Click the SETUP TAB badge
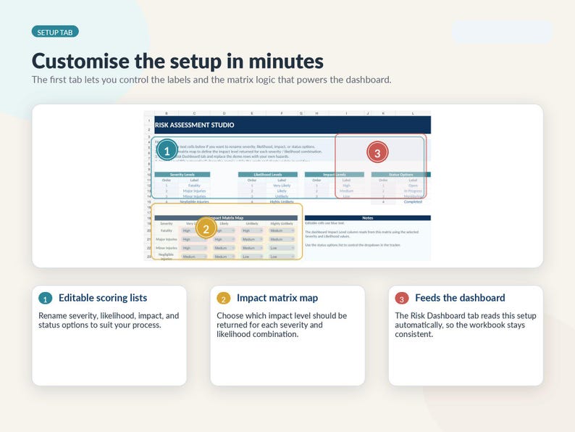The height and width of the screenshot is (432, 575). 55,32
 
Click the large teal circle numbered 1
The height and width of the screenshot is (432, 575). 167,151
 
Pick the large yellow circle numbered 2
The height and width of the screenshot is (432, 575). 206,228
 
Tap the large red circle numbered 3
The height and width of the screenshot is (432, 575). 377,152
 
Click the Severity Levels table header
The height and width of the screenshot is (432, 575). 182,175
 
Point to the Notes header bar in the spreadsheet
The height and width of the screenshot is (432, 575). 367,217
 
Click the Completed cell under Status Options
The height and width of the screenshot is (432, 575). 413,202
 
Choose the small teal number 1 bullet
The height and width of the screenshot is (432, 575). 45,299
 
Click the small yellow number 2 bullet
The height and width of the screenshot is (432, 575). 223,299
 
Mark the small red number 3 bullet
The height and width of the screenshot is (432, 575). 401,299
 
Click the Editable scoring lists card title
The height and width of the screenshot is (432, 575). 103,298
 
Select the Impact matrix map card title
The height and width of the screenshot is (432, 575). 277,298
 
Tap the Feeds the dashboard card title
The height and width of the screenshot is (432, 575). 460,298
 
